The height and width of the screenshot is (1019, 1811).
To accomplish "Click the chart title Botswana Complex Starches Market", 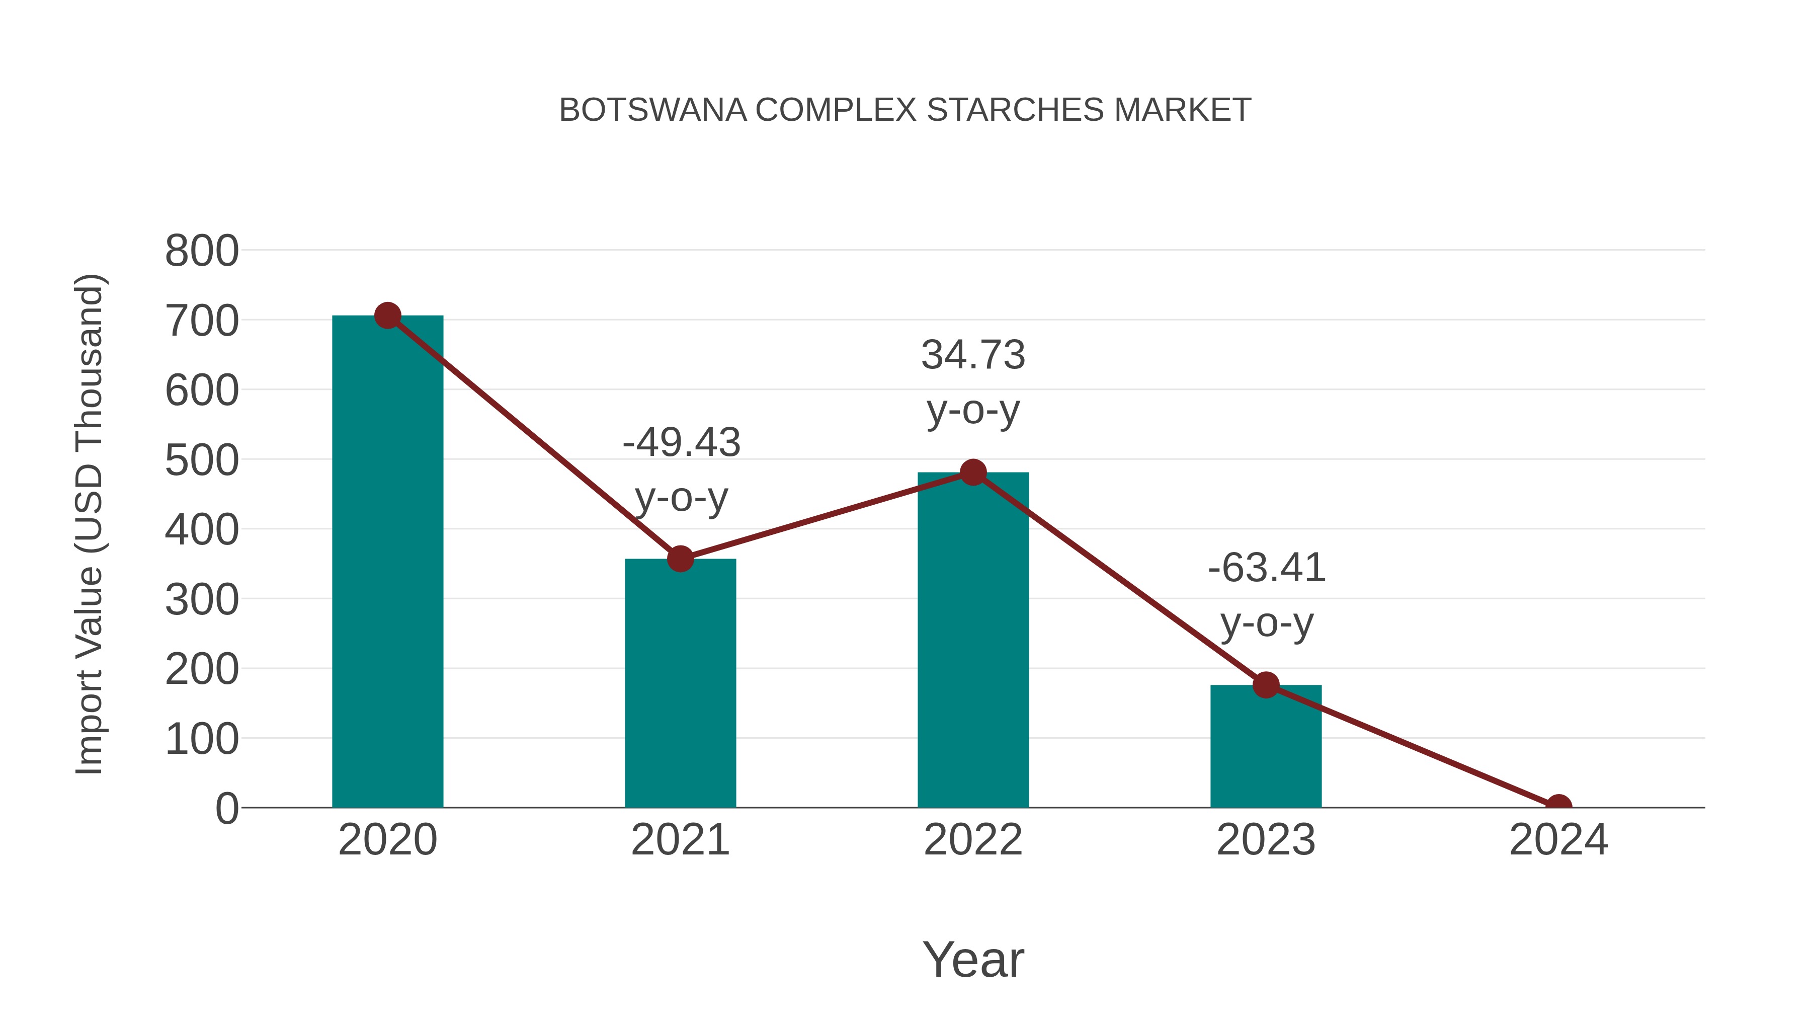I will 905,110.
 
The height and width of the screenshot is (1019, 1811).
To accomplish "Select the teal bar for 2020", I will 387,563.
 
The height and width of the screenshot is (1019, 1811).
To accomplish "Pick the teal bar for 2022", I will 973,640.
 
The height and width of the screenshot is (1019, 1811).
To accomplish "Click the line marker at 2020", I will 387,316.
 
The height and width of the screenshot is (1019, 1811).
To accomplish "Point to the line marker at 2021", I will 680,559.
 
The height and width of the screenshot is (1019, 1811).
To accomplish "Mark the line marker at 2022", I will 973,473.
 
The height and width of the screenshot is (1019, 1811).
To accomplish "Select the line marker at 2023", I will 1266,685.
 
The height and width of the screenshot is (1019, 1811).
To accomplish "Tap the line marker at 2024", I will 1558,806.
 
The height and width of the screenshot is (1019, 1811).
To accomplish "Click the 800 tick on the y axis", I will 202,251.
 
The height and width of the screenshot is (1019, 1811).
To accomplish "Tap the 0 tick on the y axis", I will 227,809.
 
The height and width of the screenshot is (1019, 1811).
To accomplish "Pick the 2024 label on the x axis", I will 1558,840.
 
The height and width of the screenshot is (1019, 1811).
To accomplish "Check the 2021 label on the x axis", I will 680,840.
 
